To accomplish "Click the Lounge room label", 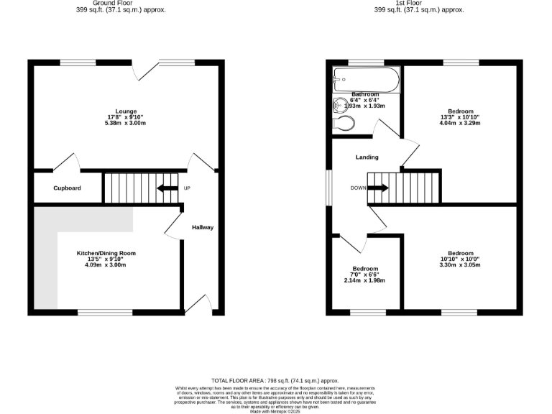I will point(126,111).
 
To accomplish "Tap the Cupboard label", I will point(67,188).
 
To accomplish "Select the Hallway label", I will point(203,228).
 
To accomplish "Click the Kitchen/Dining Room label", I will point(106,253).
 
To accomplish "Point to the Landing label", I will point(367,157).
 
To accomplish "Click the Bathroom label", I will point(365,95).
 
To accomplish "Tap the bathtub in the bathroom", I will point(365,80).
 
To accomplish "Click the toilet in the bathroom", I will point(344,124).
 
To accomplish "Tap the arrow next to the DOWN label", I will point(379,188).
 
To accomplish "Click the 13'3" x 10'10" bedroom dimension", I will point(461,117).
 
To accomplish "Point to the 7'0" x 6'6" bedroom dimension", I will point(365,275).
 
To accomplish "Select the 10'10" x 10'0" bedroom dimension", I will point(461,259).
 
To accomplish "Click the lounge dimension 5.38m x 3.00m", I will point(126,124).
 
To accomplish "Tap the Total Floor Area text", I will point(275,380).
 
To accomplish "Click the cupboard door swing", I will point(66,162).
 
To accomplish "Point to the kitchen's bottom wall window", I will point(106,312).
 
